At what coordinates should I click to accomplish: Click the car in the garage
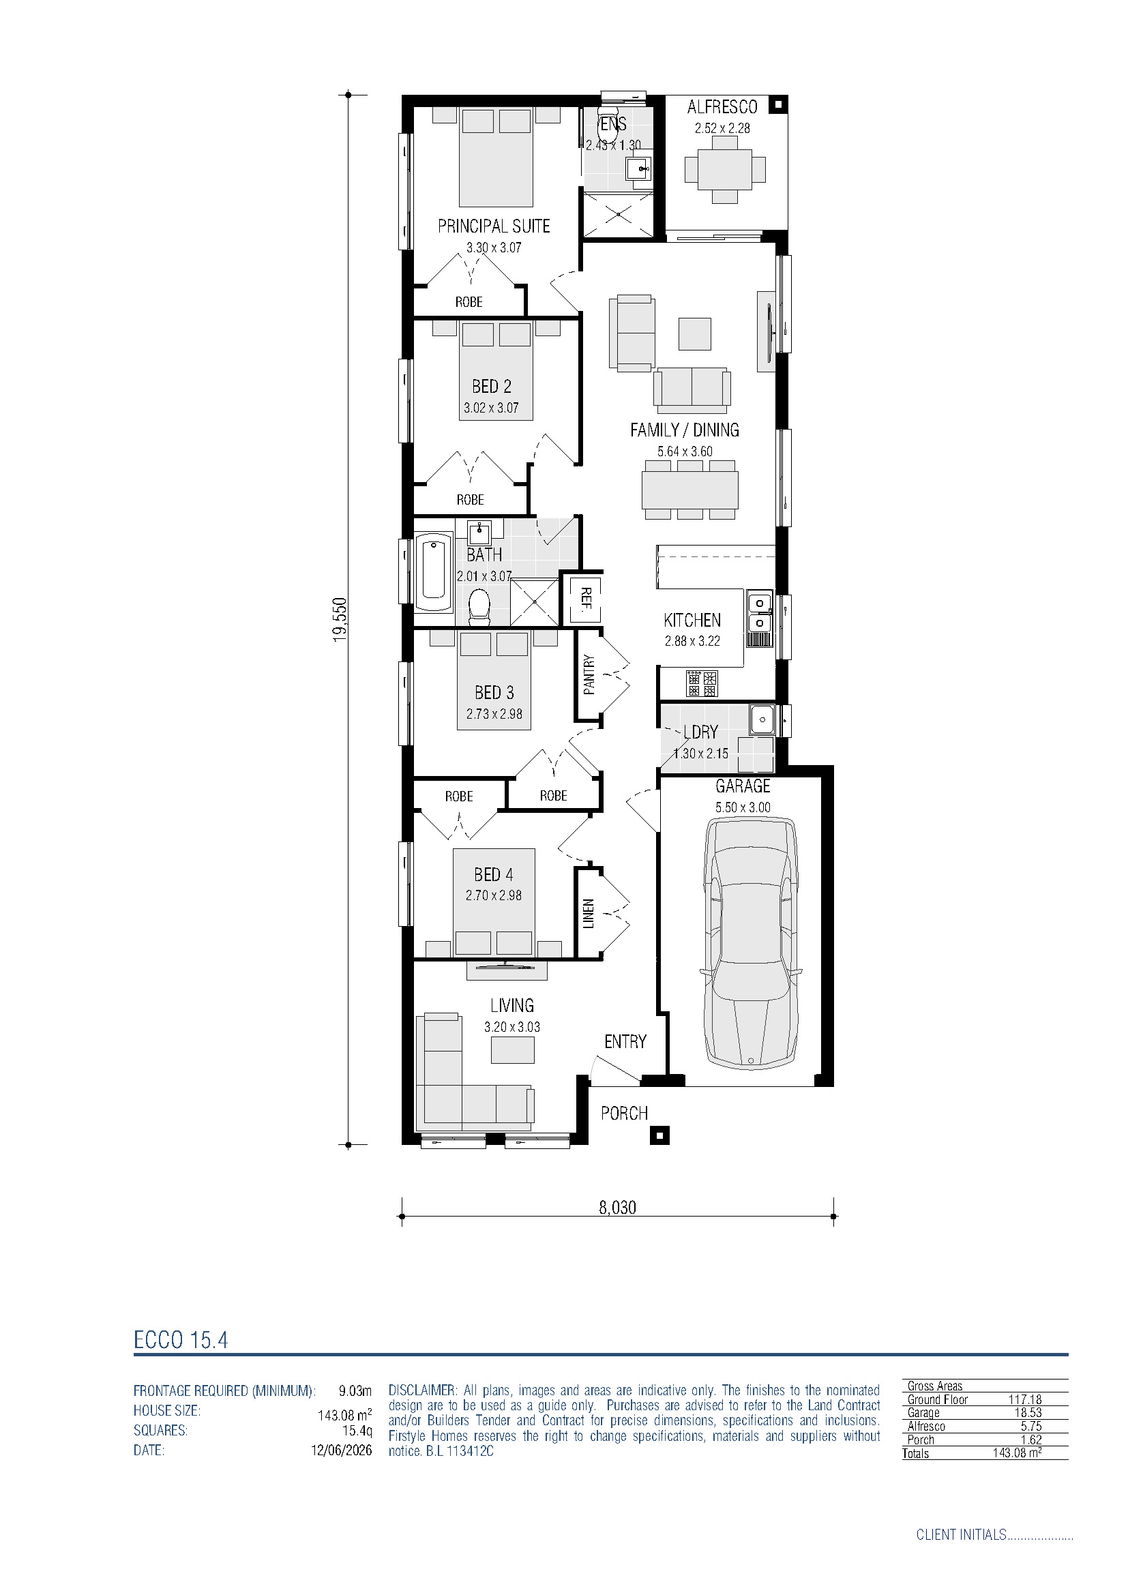pyautogui.click(x=751, y=942)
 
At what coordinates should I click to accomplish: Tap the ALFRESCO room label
pyautogui.click(x=722, y=107)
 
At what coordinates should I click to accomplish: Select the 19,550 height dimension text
pyautogui.click(x=339, y=620)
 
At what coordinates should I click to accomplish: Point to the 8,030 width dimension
pyautogui.click(x=617, y=1208)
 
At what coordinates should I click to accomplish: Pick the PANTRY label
pyautogui.click(x=589, y=674)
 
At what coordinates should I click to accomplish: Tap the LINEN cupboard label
pyautogui.click(x=589, y=914)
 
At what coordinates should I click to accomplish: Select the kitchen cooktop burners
pyautogui.click(x=702, y=683)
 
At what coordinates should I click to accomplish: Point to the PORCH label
pyautogui.click(x=625, y=1113)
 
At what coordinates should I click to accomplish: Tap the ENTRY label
pyautogui.click(x=625, y=1041)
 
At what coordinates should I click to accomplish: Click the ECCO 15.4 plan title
pyautogui.click(x=181, y=1340)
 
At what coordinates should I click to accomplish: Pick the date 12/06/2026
pyautogui.click(x=341, y=1450)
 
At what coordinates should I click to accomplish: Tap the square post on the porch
pyautogui.click(x=659, y=1136)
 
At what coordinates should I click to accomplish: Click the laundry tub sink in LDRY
pyautogui.click(x=762, y=719)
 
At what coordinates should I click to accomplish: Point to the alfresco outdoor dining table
pyautogui.click(x=725, y=170)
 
